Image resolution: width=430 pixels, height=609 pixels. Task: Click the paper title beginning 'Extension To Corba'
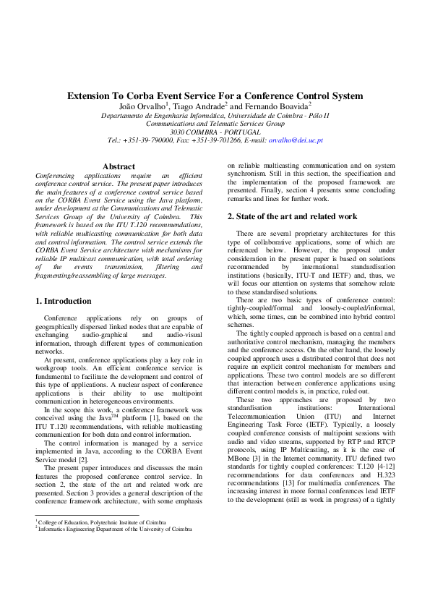(215, 95)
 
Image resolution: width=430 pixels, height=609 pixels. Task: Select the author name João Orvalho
(142, 106)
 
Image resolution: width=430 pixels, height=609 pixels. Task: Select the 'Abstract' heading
(119, 166)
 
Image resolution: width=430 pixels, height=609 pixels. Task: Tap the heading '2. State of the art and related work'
(293, 216)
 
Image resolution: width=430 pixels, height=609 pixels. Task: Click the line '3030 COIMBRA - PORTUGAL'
(215, 132)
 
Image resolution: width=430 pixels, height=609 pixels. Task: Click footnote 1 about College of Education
(96, 521)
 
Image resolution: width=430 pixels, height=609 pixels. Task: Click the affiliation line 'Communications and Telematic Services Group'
(215, 124)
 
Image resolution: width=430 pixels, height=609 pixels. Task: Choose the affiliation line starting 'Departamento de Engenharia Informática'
(215, 115)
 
